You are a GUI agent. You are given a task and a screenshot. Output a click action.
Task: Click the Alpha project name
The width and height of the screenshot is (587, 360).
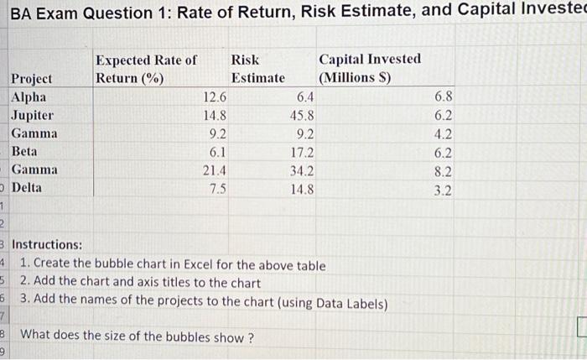pos(29,97)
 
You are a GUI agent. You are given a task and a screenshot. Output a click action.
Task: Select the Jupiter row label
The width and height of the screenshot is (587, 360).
pos(32,115)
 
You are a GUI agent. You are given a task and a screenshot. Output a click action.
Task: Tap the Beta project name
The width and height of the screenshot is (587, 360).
pos(25,152)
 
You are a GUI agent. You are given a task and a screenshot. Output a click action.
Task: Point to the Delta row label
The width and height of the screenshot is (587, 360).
pos(28,188)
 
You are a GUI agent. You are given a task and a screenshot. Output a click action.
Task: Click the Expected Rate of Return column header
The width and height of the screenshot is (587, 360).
pos(146,69)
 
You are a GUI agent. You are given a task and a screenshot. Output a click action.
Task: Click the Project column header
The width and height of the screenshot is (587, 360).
pos(31,79)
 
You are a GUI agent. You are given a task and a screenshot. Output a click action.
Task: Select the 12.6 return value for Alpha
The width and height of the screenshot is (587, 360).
pos(215,97)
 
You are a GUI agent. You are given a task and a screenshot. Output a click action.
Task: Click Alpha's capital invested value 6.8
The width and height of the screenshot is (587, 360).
pos(444,97)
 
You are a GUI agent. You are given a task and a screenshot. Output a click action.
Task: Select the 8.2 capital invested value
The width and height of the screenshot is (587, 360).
pos(444,170)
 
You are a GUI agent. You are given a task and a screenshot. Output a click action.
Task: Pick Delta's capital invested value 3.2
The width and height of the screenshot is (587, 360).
pos(444,189)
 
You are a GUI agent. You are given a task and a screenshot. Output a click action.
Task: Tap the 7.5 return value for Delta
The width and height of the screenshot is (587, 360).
pos(217,188)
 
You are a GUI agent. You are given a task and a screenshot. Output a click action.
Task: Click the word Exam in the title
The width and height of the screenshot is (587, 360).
pos(58,11)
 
